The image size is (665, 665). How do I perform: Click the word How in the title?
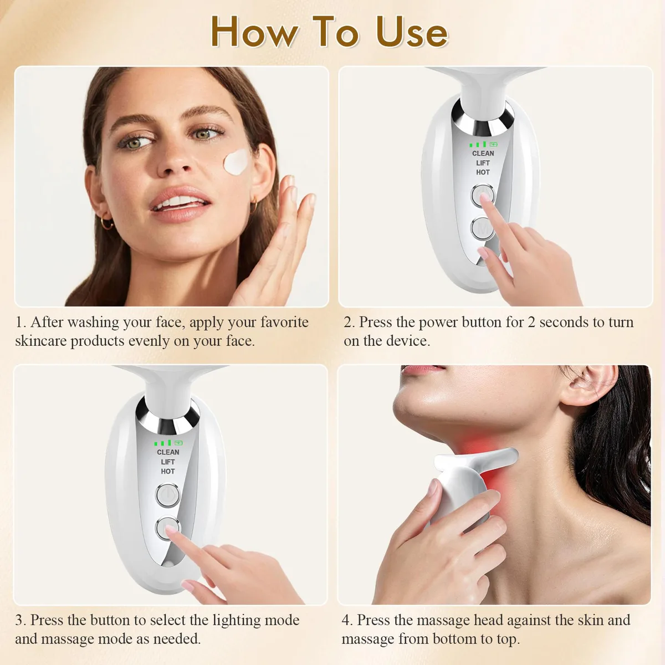pyautogui.click(x=254, y=32)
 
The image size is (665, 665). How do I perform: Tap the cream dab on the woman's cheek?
pyautogui.click(x=237, y=162)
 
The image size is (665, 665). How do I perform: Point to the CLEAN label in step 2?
pyautogui.click(x=483, y=154)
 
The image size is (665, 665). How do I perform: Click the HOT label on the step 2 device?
pyautogui.click(x=483, y=172)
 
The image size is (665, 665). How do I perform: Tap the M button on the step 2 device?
pyautogui.click(x=483, y=228)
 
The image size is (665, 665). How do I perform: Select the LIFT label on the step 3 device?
pyautogui.click(x=168, y=462)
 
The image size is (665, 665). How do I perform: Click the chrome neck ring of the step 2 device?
pyautogui.click(x=483, y=119)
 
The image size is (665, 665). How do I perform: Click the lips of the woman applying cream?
pyautogui.click(x=180, y=203)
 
